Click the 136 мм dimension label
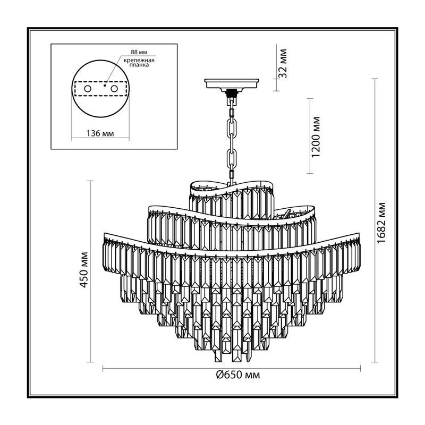click(x=100, y=134)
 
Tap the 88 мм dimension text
click(x=139, y=52)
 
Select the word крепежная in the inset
click(x=139, y=61)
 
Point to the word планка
click(x=139, y=65)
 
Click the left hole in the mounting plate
click(x=87, y=88)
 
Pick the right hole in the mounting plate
click(x=114, y=89)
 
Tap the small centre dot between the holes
click(x=104, y=86)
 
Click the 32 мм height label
click(x=283, y=63)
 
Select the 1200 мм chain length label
click(x=316, y=137)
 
